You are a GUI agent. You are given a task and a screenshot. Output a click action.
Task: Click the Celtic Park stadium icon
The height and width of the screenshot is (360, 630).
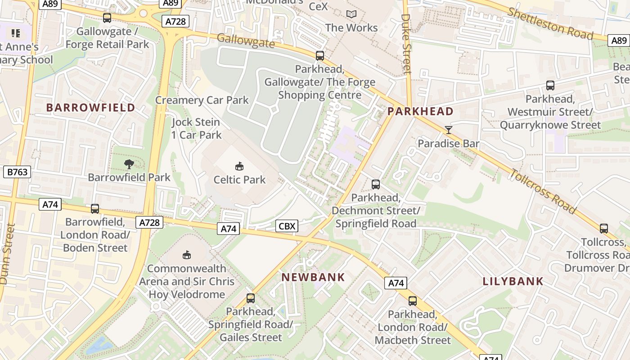pos(239,166)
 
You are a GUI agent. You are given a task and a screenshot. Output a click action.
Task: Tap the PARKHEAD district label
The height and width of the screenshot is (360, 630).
pos(420,112)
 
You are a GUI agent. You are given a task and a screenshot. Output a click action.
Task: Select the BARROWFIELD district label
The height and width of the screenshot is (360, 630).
pos(90,108)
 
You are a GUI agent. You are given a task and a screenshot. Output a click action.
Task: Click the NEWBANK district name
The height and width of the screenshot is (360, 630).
pos(313,277)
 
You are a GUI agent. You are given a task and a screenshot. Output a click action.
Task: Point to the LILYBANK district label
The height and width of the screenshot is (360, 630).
pos(513,282)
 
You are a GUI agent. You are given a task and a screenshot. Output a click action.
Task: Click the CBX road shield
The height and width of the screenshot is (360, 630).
pos(287,226)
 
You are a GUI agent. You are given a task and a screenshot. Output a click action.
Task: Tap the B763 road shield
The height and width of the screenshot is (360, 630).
pos(18,171)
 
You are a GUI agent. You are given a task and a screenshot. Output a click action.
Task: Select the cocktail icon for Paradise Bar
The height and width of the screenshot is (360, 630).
pos(448,130)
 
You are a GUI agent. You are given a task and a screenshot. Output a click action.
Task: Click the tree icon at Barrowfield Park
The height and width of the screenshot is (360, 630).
pos(129,164)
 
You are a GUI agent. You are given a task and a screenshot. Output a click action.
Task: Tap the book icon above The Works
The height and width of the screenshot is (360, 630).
pos(351,14)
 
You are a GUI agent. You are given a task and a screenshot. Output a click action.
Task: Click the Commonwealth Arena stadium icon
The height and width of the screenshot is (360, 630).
pos(187,255)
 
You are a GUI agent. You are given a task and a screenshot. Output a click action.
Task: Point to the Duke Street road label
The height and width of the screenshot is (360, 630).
pos(406,44)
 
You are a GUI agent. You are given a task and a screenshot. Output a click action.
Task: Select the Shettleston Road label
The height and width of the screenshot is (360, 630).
pos(550,23)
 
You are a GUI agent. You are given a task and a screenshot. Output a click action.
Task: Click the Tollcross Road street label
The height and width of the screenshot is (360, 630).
pos(543,190)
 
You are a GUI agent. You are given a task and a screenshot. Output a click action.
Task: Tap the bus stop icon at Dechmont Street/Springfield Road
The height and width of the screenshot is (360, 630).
pos(375,184)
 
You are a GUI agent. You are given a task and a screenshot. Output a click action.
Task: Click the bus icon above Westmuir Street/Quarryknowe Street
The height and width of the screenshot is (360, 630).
pos(550,85)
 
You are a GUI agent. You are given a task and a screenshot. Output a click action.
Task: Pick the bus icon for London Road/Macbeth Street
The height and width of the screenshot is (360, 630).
pos(412,301)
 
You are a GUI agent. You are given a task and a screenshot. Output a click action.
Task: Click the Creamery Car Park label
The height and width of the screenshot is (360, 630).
pos(202,100)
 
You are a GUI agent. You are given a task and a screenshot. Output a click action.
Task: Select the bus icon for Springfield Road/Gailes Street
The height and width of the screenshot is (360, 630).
pos(250,298)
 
